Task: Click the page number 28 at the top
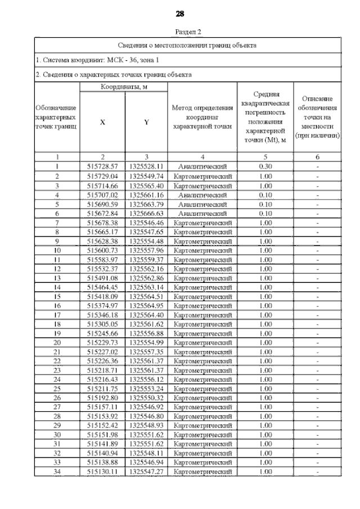point(180,13)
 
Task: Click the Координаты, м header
point(124,87)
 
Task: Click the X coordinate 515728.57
point(102,167)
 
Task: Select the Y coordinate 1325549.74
point(146,176)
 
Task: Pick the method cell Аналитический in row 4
point(202,195)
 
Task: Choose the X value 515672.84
point(102,213)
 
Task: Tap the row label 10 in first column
point(57,250)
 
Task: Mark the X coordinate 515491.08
point(102,277)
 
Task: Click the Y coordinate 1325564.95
point(146,305)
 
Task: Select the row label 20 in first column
point(57,342)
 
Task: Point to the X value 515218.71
point(102,370)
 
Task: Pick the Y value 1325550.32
point(146,397)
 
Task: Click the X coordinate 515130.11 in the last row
point(102,471)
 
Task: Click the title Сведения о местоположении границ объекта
point(188,45)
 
